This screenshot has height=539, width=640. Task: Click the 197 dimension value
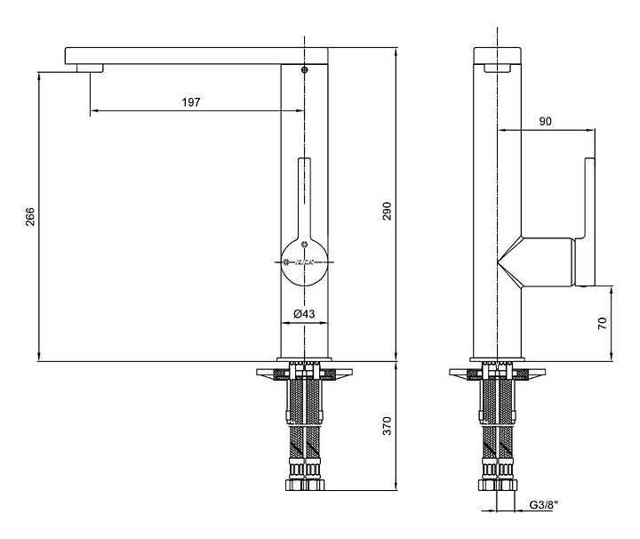point(190,102)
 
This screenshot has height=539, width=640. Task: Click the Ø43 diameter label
point(304,313)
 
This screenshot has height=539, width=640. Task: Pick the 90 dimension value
point(547,121)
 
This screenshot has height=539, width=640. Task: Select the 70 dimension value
point(603,323)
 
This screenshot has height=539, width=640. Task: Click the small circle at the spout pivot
point(305,68)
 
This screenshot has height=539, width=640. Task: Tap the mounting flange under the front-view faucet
point(305,372)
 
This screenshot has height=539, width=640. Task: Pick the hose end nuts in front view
point(305,486)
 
